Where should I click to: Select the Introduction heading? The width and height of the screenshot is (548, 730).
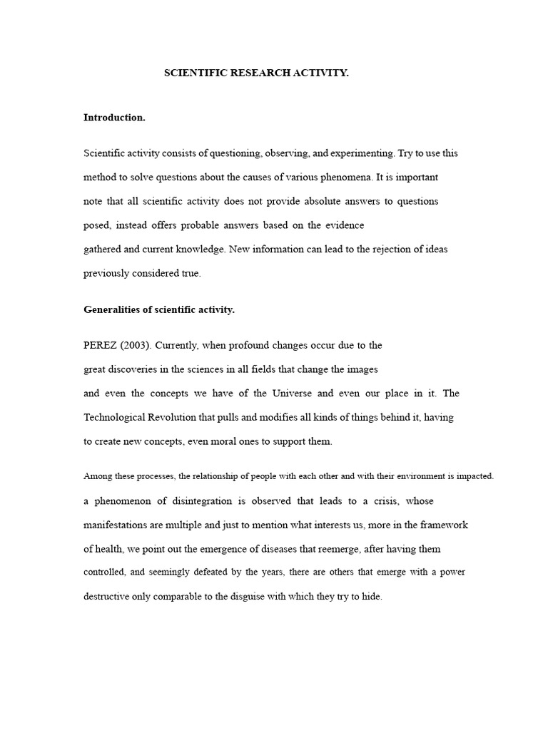[114, 118]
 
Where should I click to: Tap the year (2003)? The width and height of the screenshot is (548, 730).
[134, 345]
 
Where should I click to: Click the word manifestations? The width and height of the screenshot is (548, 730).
[118, 525]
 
